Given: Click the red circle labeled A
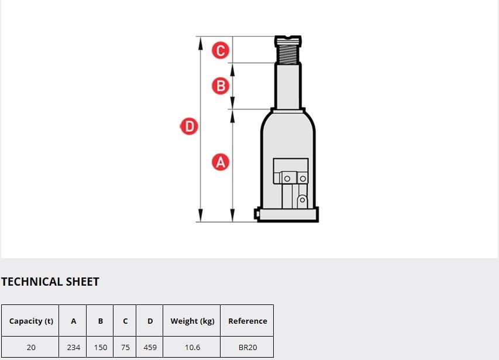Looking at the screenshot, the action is (221, 162).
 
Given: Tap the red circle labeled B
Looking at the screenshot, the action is (221, 86).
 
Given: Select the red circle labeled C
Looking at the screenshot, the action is (221, 50).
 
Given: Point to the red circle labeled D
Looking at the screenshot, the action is (189, 126).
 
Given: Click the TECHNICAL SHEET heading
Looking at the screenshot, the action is (50, 282).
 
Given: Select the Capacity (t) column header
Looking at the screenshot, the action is (31, 321).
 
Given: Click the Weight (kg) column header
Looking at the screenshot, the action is (192, 321).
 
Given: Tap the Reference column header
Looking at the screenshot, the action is (247, 321).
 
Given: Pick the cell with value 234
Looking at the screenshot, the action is (74, 347).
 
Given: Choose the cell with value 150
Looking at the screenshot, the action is (101, 347).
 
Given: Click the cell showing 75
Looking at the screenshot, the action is (125, 347).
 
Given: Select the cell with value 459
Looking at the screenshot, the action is (150, 347).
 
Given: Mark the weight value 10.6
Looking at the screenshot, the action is (192, 347).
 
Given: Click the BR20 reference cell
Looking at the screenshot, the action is (247, 347).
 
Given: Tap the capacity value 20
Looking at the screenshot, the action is (31, 347).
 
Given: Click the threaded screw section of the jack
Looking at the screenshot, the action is (288, 54).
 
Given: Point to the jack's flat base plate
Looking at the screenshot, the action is (288, 214).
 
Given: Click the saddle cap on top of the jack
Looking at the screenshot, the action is (288, 40).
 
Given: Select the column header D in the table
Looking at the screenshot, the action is (150, 321).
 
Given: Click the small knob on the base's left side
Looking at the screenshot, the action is (256, 214).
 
